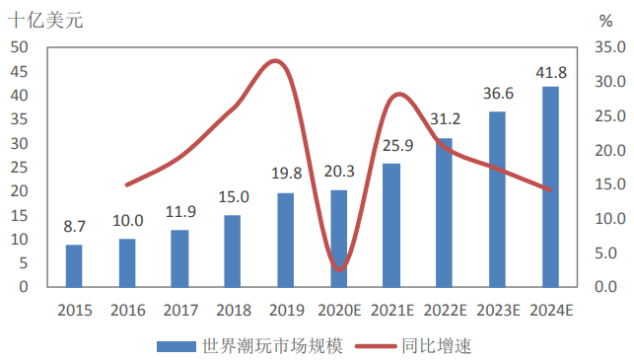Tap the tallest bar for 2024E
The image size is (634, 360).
(550, 186)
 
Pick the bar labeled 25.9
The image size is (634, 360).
(391, 225)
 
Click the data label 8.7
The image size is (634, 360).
(74, 227)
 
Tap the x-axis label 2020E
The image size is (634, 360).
(338, 311)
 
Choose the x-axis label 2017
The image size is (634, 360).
(179, 311)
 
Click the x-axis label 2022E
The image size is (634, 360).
(445, 311)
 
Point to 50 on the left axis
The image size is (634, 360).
(20, 47)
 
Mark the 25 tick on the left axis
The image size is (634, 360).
(20, 167)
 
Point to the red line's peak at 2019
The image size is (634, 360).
(278, 61)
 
